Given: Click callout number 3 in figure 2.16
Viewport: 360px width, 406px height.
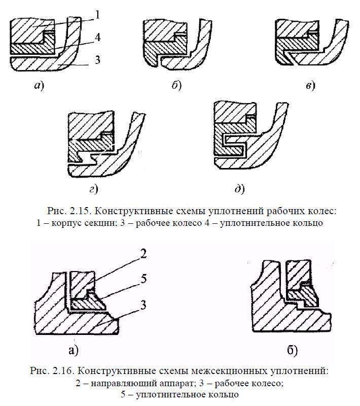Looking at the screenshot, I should tap(144, 304).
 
